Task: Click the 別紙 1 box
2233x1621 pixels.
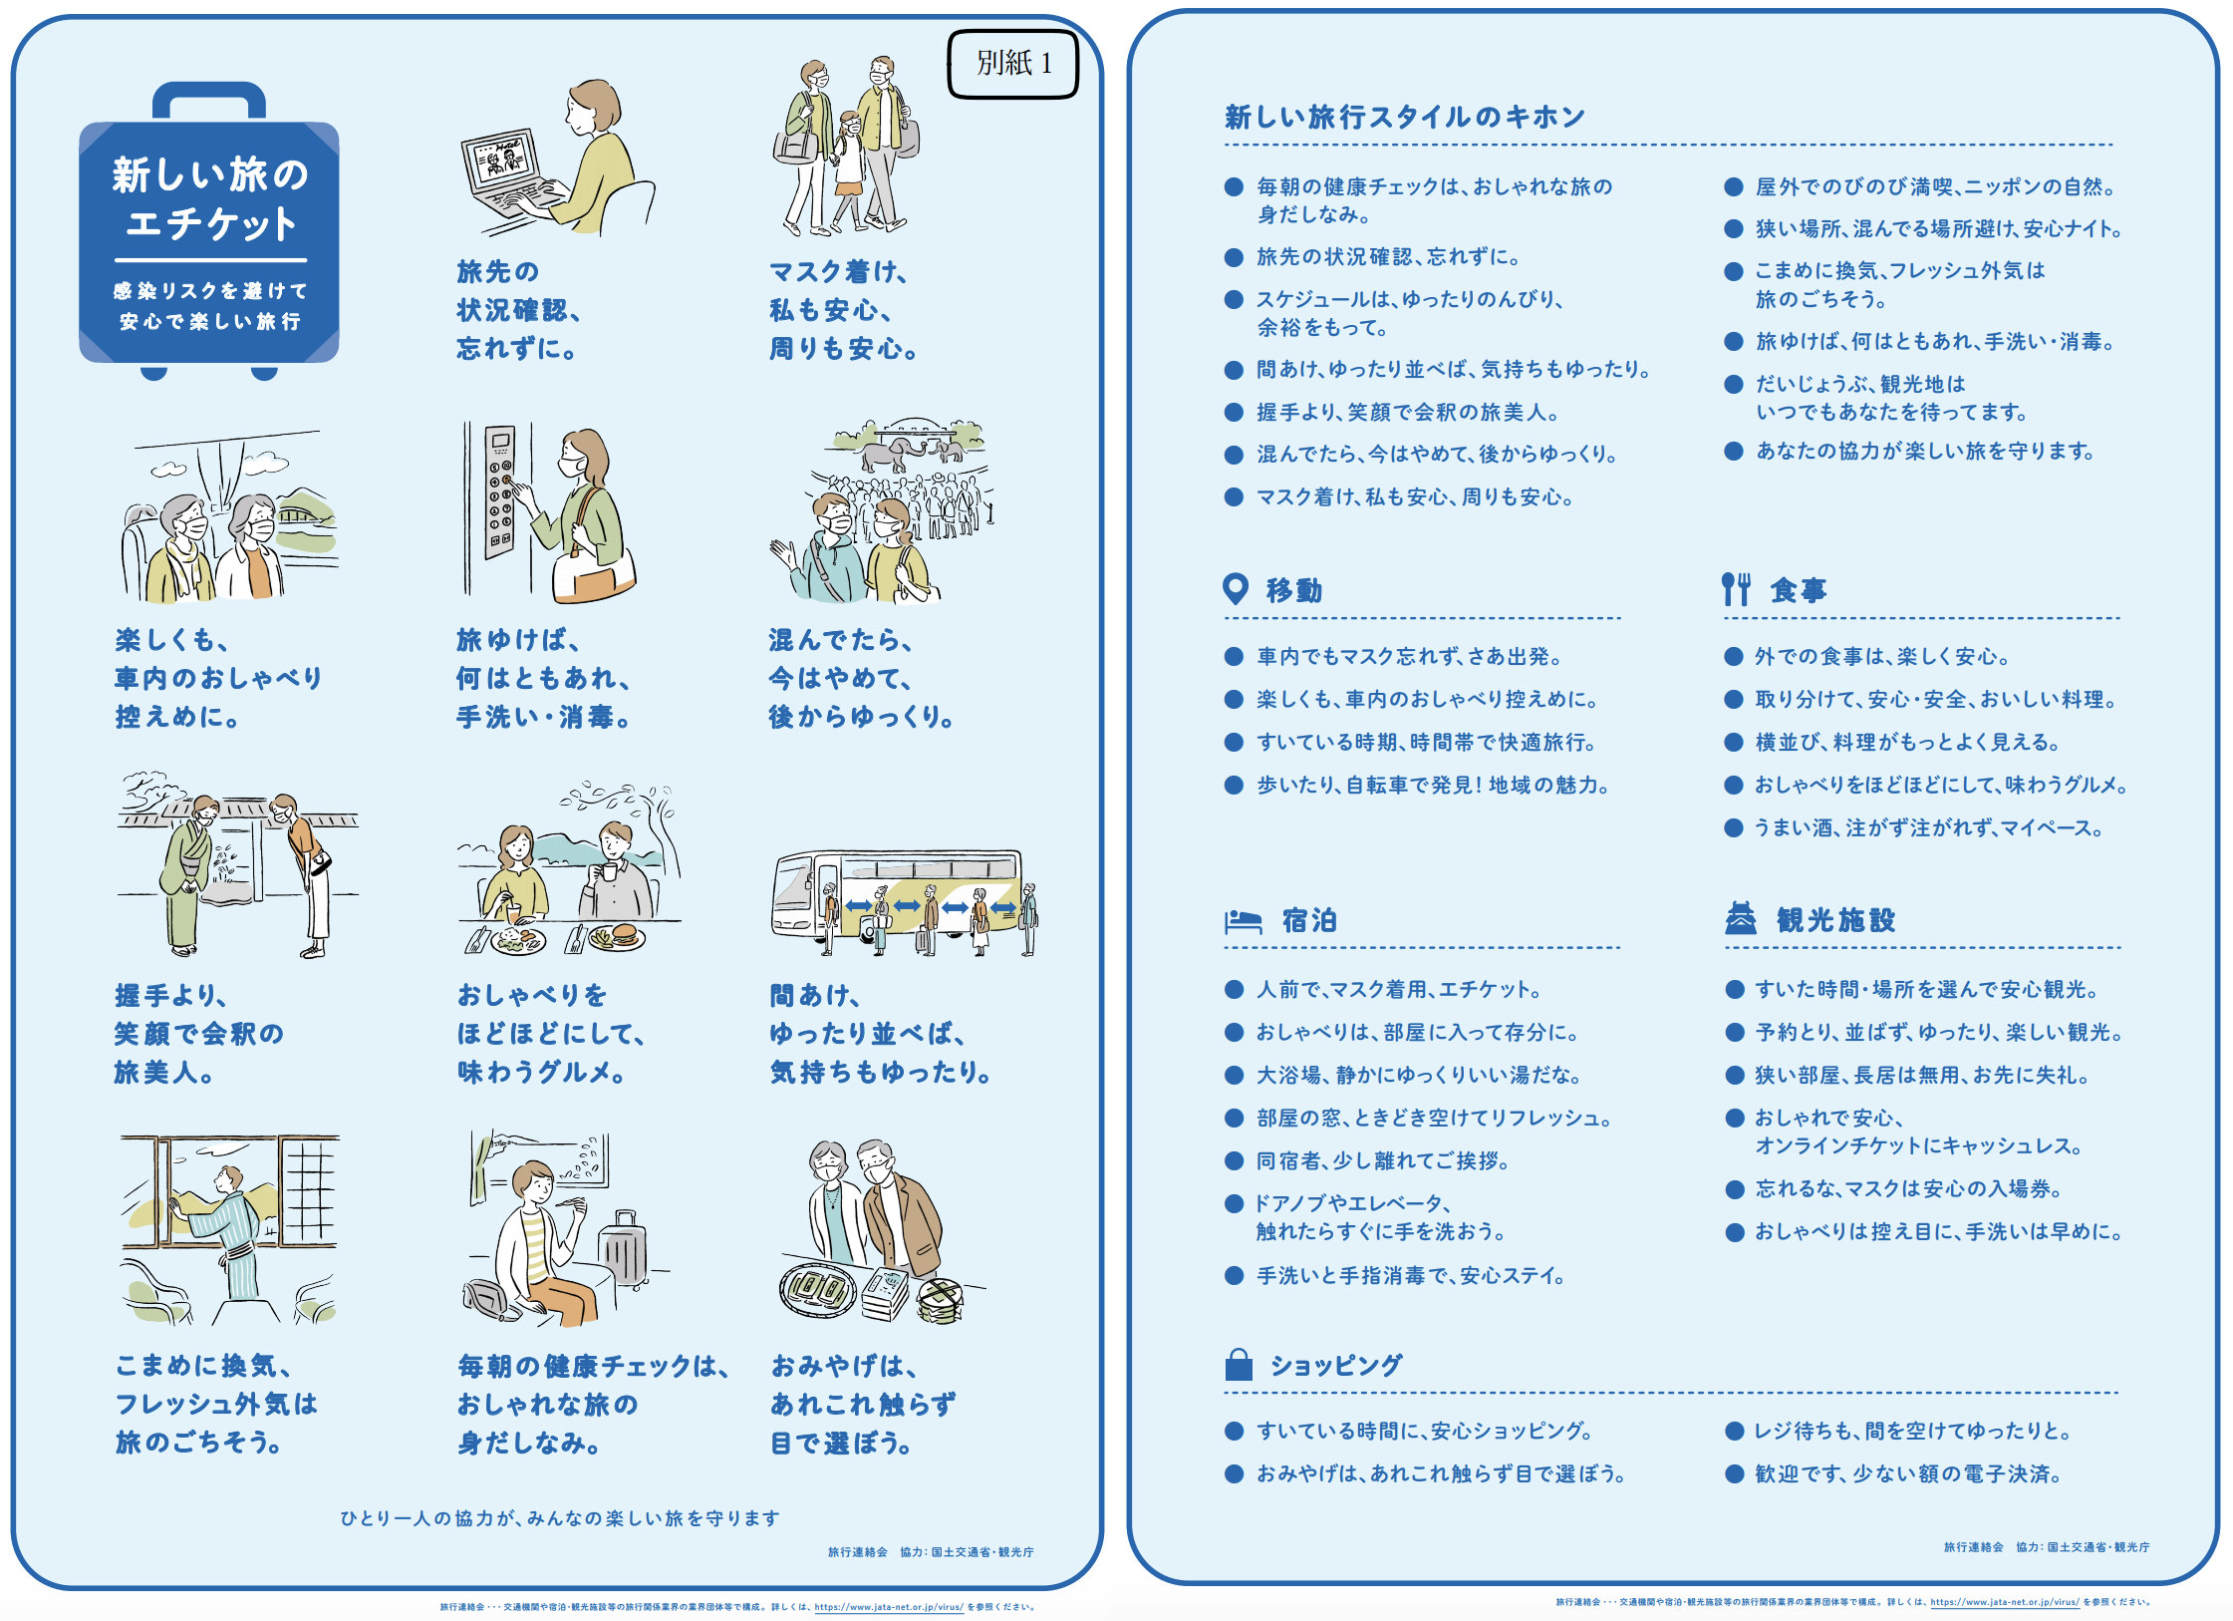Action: pos(1012,64)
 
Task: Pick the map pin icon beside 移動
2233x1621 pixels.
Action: pos(1235,589)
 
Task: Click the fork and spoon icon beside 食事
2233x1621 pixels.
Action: pos(1735,589)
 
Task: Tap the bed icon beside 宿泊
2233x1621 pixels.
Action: pos(1244,920)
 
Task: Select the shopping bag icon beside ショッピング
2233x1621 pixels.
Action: pos(1238,1364)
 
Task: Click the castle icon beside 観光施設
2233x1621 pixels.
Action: pos(1741,918)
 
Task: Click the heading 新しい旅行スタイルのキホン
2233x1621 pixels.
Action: pos(1404,118)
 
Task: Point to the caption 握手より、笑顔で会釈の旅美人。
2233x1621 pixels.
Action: pos(199,1034)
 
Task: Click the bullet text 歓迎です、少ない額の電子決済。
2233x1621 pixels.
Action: pos(1908,1473)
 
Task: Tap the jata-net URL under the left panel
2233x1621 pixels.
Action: pos(889,1607)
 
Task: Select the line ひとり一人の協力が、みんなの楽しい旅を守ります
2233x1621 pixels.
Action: pos(560,1518)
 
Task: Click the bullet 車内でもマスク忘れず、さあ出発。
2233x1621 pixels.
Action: pos(1409,656)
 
